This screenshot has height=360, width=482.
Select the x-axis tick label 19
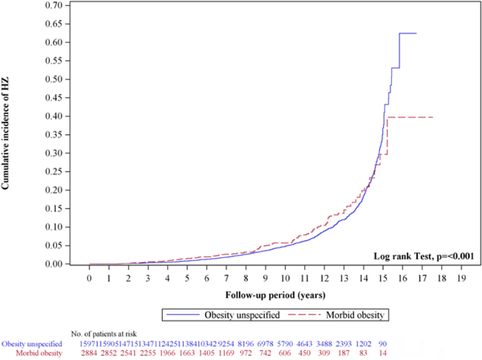461,278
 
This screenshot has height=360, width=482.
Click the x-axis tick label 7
226,278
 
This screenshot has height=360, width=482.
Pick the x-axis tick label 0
89,278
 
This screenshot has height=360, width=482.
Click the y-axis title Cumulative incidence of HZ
5,134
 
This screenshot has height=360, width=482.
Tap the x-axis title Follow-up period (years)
275,295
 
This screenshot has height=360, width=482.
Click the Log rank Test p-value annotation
424,256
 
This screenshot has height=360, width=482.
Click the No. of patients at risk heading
104,334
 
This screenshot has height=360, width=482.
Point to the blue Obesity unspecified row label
32,344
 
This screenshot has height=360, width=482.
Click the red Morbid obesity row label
39,353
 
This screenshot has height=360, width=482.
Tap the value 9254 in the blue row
226,344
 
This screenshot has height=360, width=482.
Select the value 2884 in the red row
89,353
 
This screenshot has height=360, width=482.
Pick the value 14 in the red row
383,353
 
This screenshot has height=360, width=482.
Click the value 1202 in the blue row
363,344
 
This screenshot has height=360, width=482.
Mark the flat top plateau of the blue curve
408,34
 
